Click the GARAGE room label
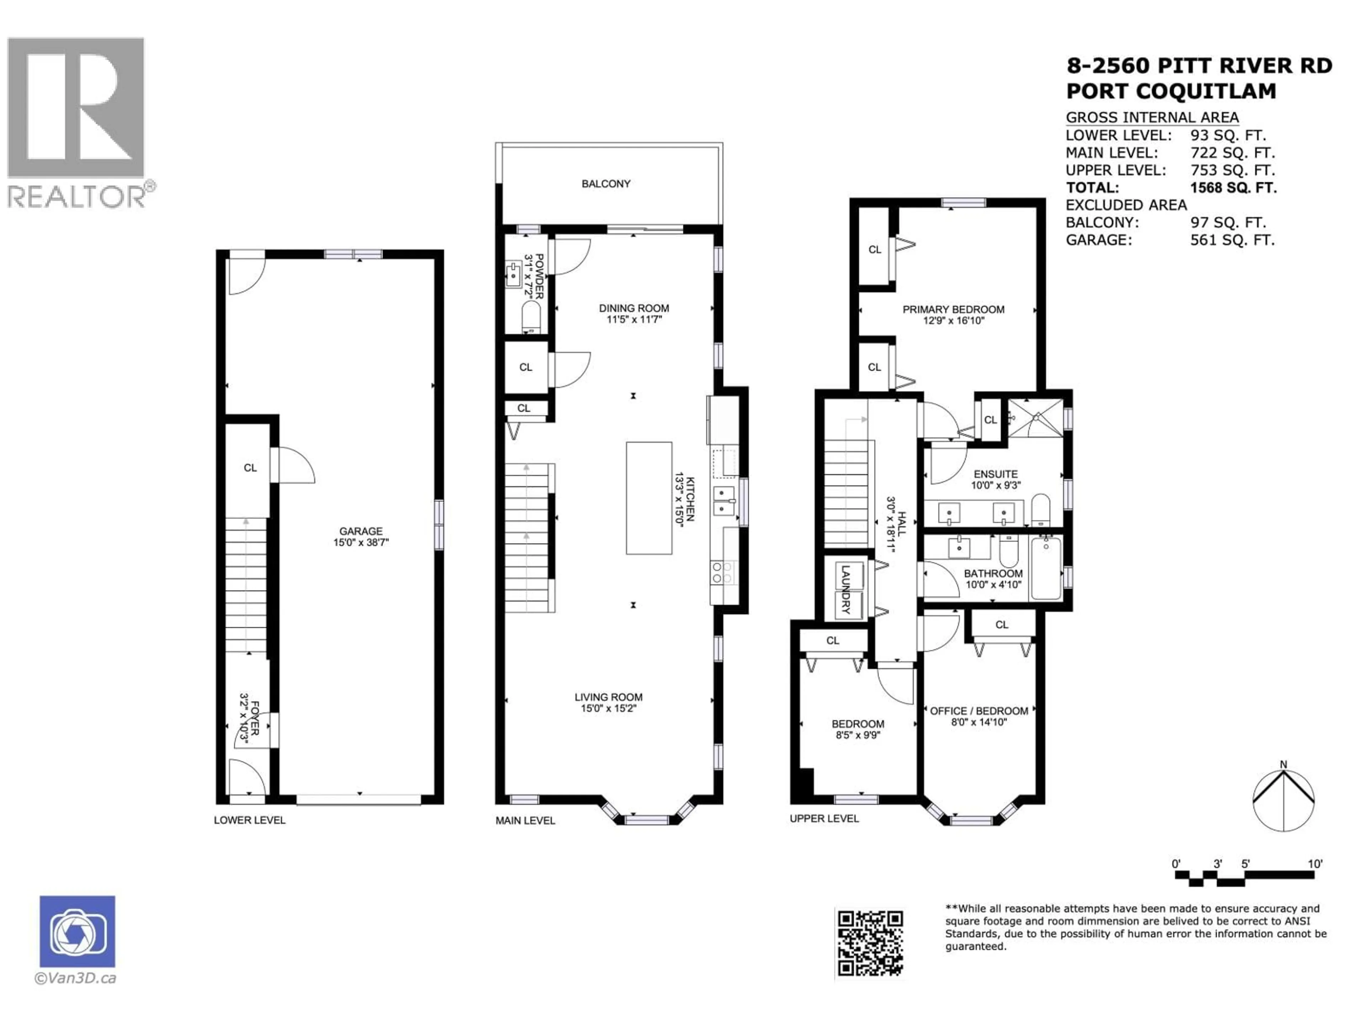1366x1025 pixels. (361, 531)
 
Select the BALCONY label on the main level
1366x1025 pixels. (606, 184)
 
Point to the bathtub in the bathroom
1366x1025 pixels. (1046, 568)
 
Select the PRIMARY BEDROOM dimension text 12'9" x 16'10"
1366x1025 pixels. (953, 321)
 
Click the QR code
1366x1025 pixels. (869, 943)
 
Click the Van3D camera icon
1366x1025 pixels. (77, 931)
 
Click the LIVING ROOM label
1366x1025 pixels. (608, 697)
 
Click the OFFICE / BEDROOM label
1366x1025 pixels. (979, 711)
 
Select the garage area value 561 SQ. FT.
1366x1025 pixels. (1232, 240)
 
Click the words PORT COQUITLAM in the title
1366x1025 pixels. (1170, 91)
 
